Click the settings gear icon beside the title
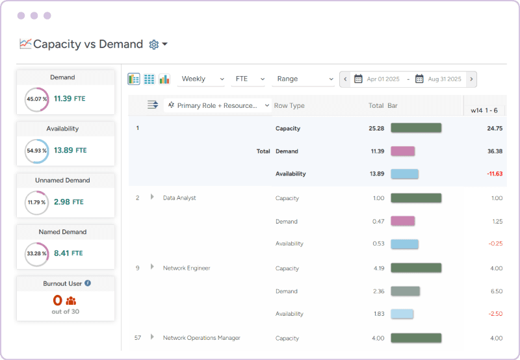tap(154, 44)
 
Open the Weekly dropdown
tap(202, 79)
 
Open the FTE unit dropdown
tap(249, 79)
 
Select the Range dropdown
tap(303, 79)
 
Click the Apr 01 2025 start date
tap(383, 79)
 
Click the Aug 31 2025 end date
tap(445, 79)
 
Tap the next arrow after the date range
tap(471, 79)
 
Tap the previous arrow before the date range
tap(345, 79)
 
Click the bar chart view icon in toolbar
tap(164, 79)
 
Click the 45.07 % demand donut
tap(36, 99)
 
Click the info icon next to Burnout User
tap(88, 283)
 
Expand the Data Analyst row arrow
tap(152, 197)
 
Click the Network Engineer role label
tap(187, 268)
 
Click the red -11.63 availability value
tap(493, 174)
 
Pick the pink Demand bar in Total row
tap(402, 151)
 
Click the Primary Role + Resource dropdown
tap(218, 105)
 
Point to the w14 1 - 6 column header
tap(484, 110)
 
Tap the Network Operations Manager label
tap(201, 338)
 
